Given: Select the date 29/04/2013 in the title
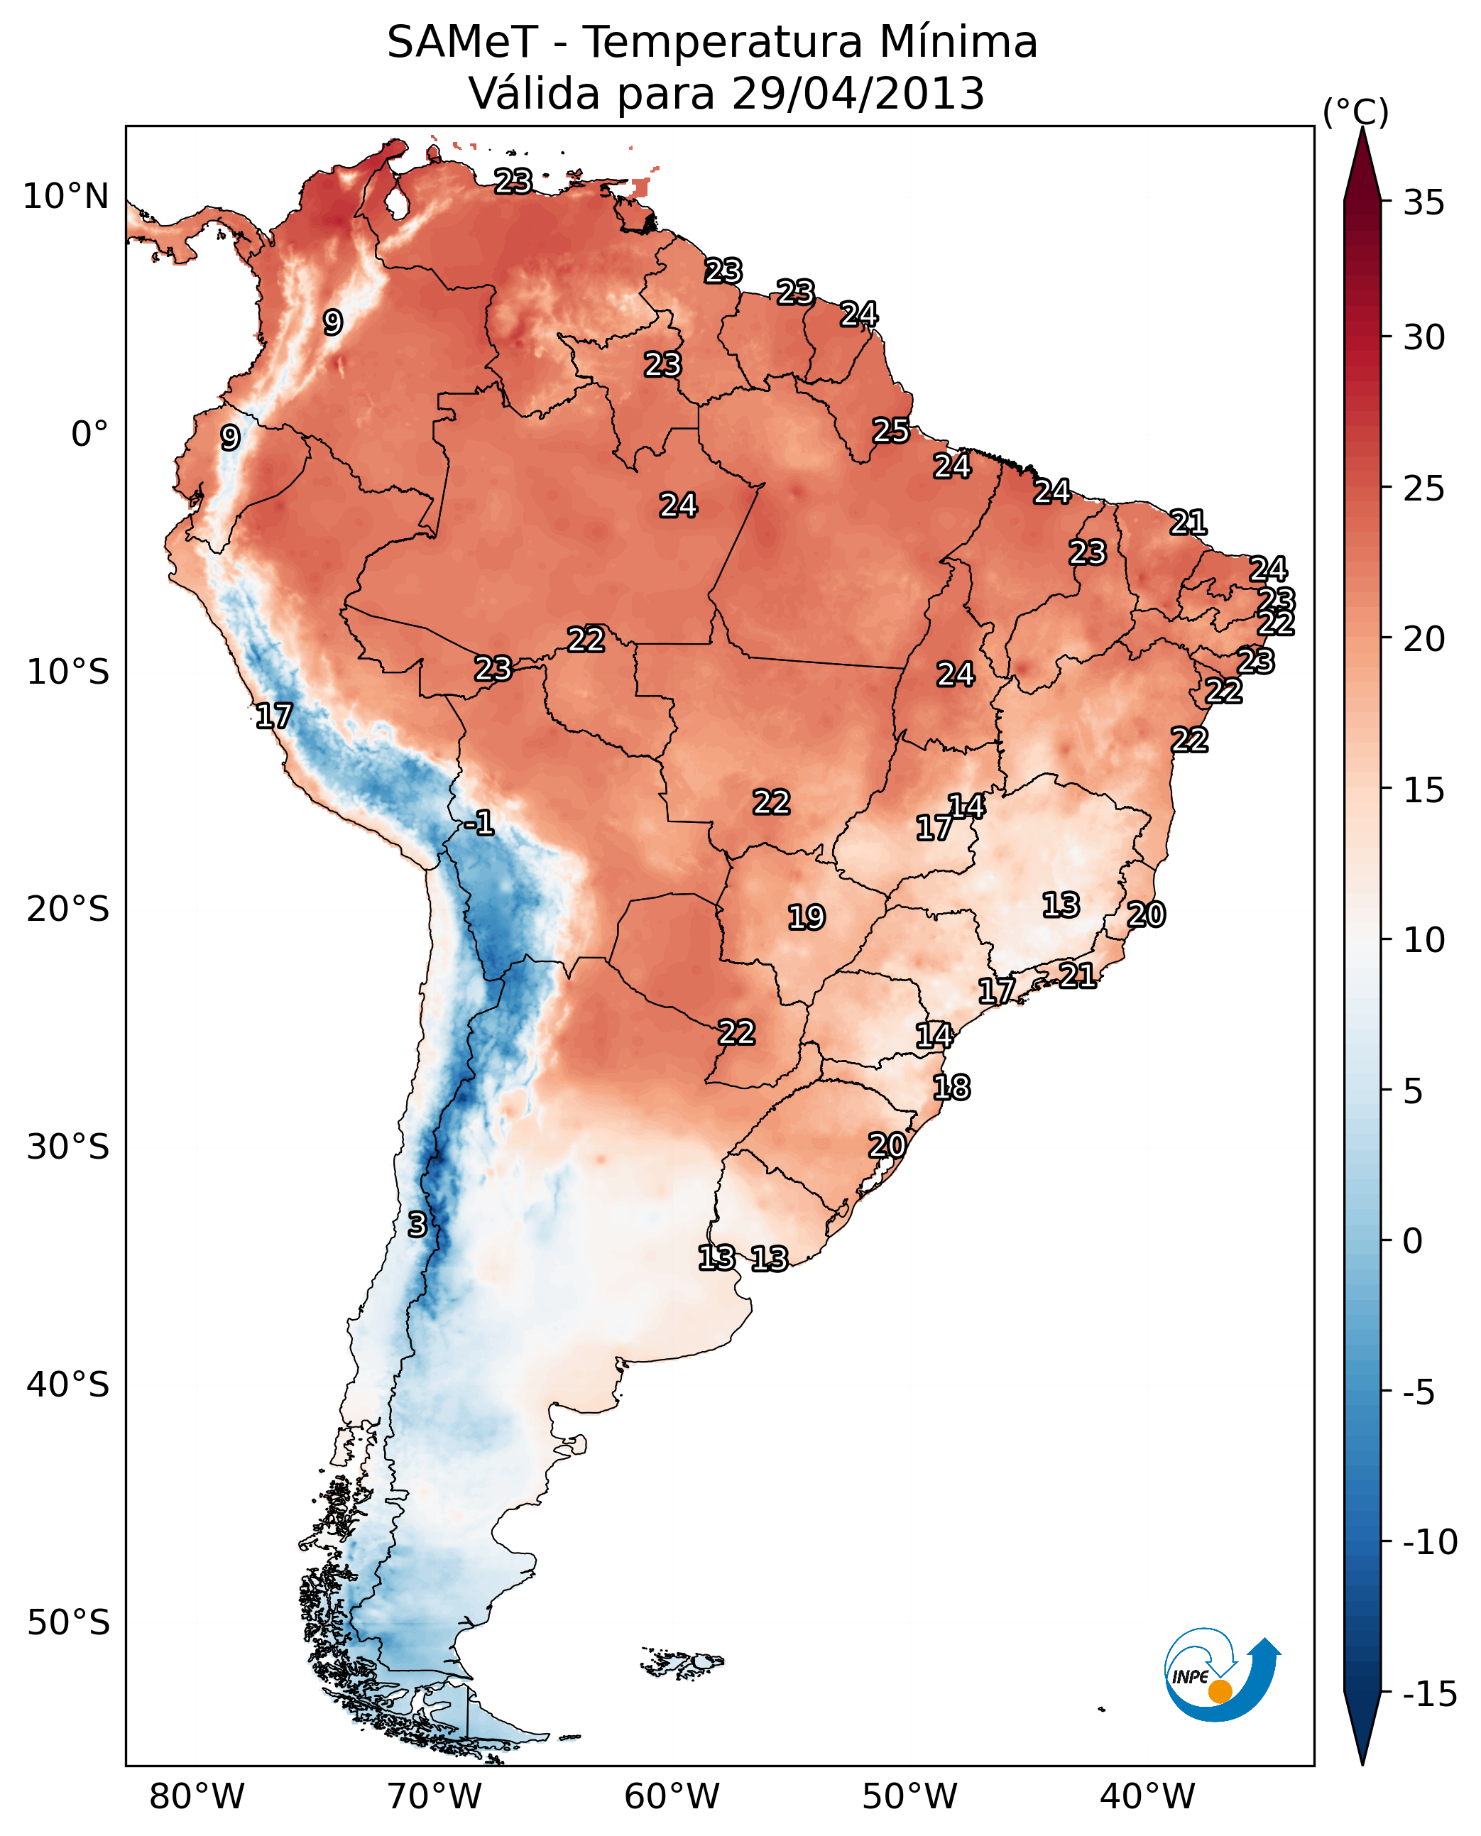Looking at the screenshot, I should (x=858, y=94).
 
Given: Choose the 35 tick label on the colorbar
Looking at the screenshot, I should (x=1423, y=203).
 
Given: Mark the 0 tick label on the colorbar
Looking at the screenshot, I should (x=1413, y=1241).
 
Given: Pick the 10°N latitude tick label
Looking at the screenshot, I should (x=66, y=197).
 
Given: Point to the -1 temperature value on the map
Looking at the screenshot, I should (x=479, y=824).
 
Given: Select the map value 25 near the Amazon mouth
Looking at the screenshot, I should (x=890, y=431).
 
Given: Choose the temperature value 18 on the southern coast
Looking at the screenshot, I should (x=951, y=1088).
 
